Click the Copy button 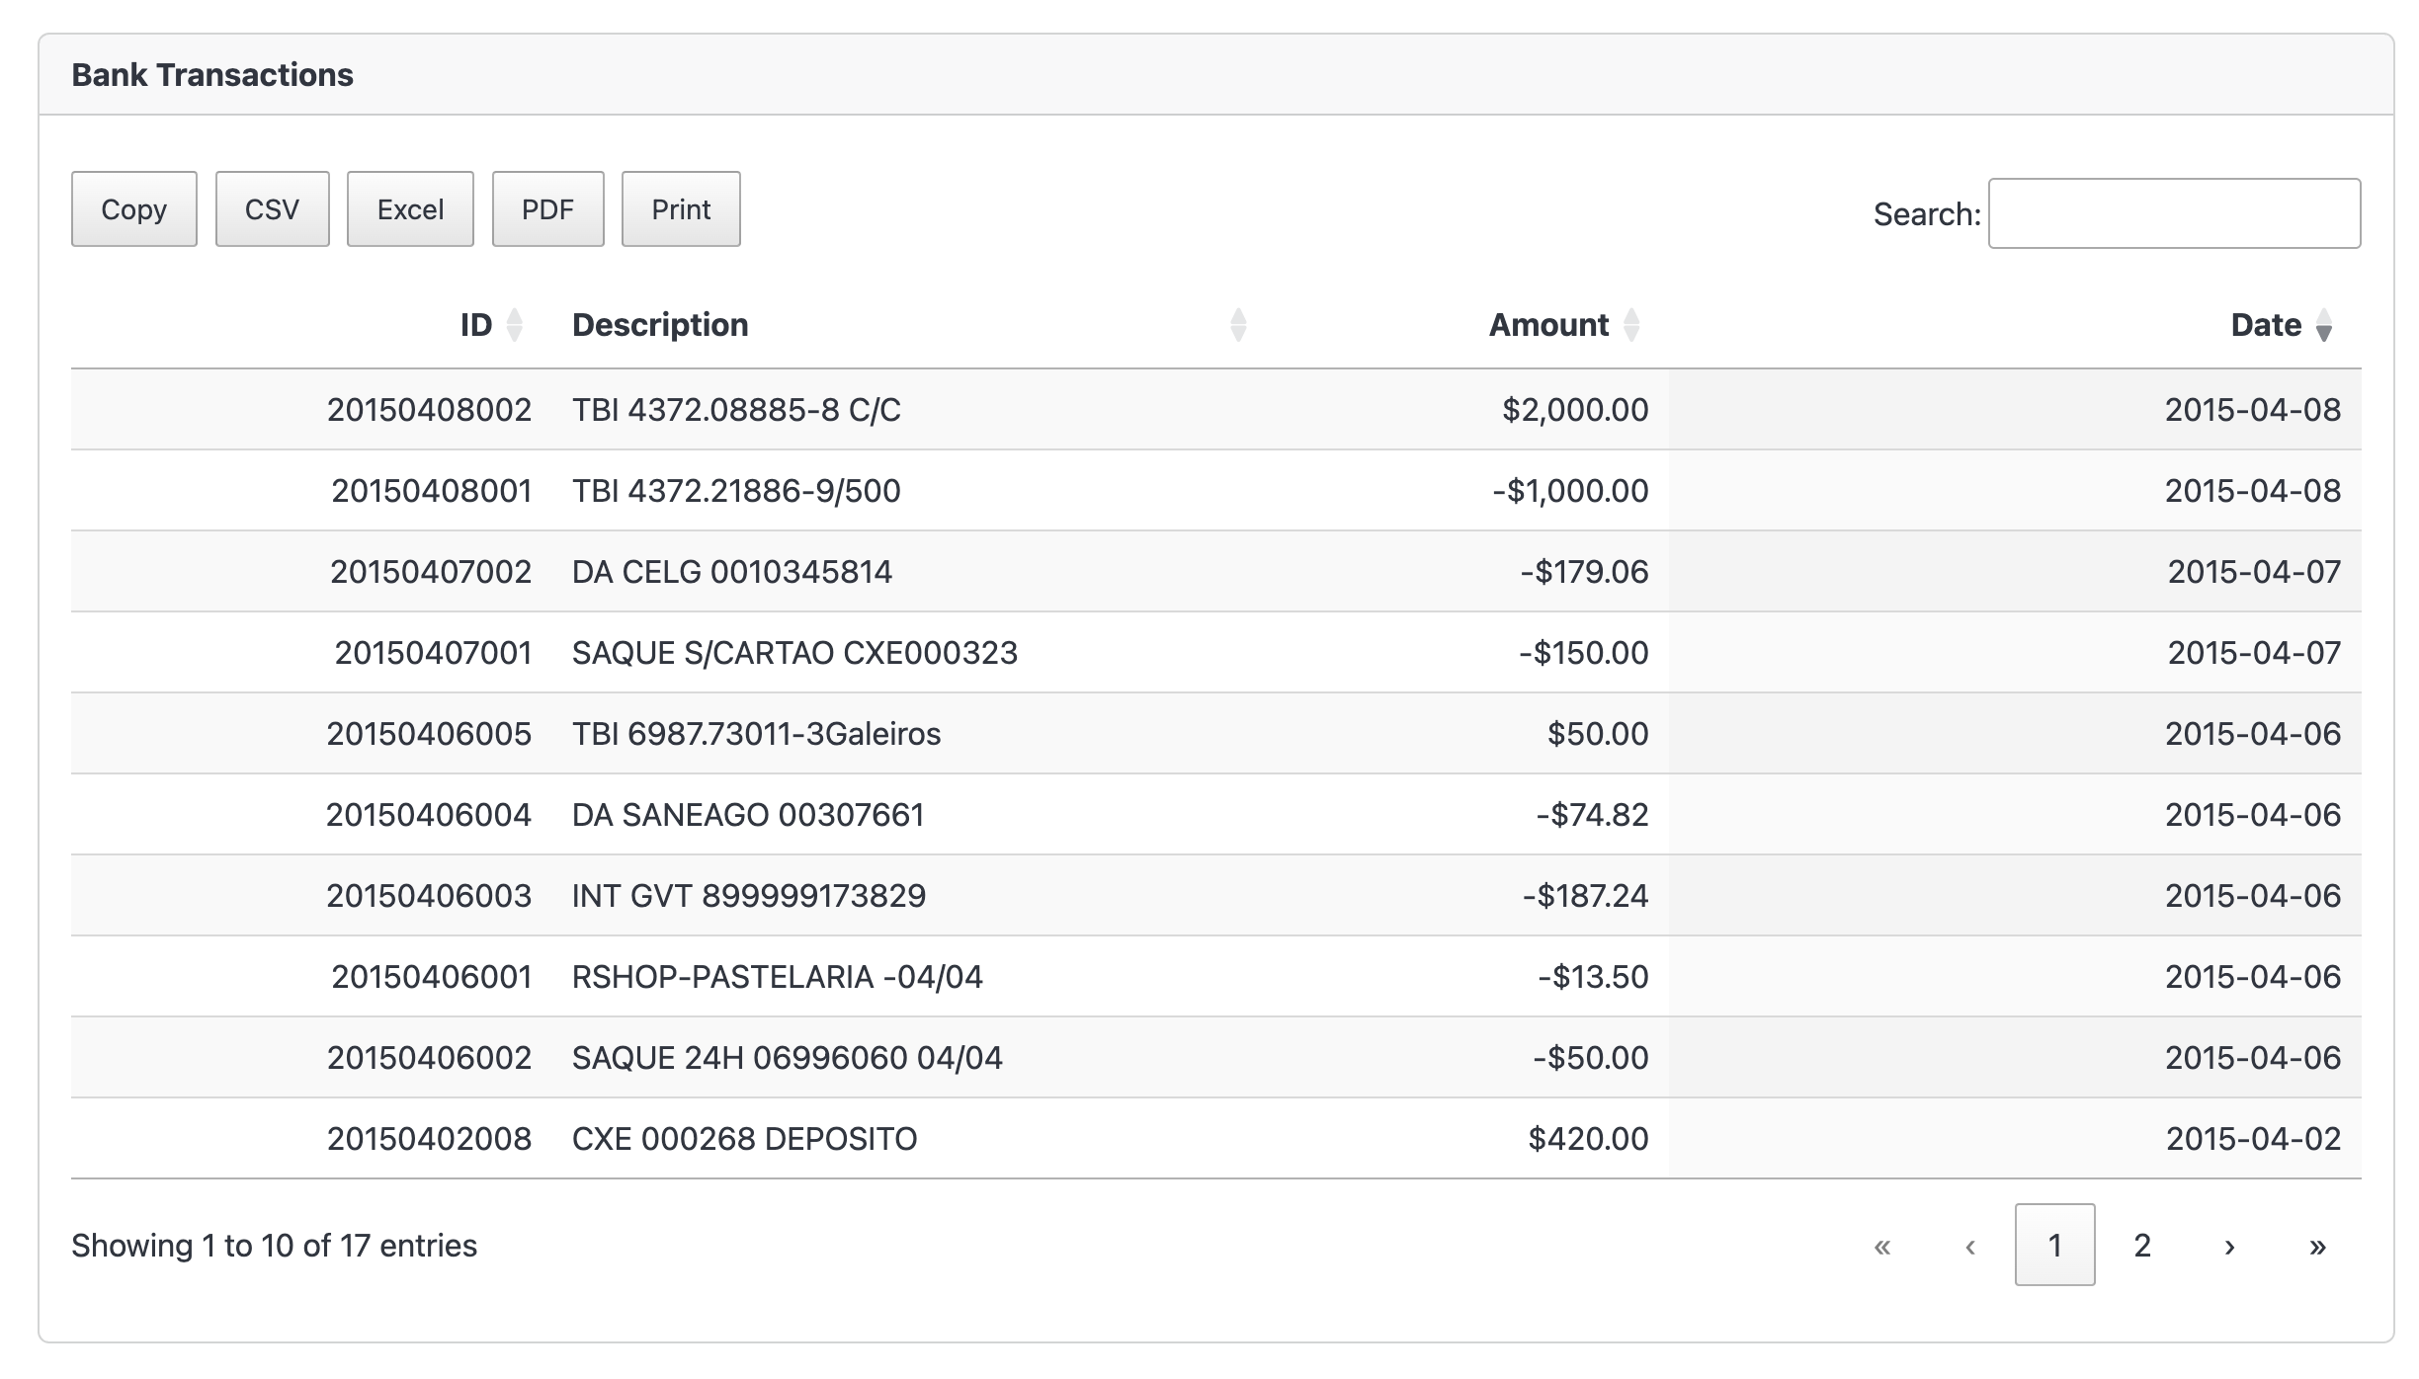133,209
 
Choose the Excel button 410,209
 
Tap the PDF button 547,209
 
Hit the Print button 681,209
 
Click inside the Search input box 2174,213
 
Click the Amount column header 1548,325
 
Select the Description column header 660,325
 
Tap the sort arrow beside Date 2324,326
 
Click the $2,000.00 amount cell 1575,410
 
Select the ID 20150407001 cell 433,653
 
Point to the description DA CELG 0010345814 732,572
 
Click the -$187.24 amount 1585,896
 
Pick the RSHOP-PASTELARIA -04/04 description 778,977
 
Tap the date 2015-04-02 2253,1139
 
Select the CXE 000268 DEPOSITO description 744,1139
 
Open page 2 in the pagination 2142,1246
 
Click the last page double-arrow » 2317,1246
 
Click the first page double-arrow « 1882,1246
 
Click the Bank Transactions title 212,75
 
